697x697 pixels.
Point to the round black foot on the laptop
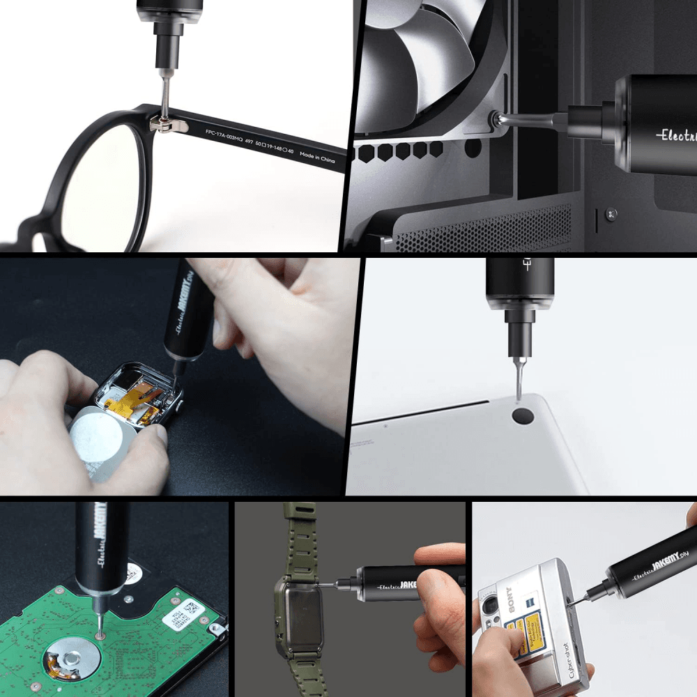click(523, 417)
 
